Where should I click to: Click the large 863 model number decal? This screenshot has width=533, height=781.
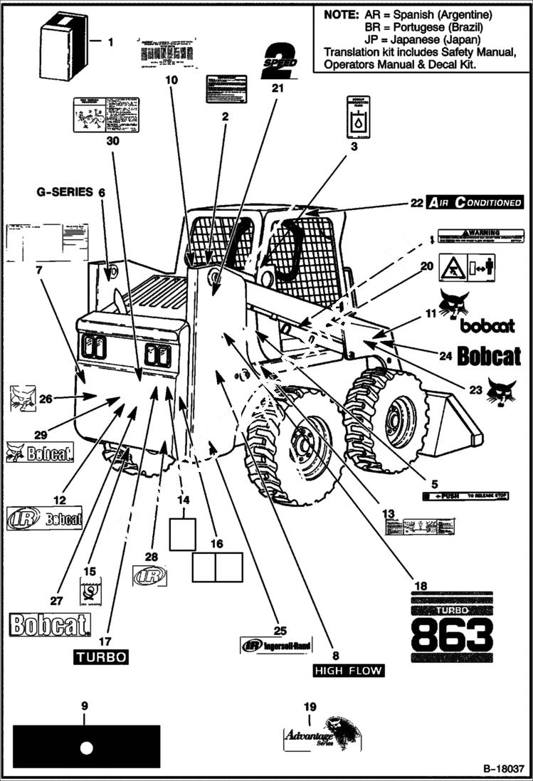[x=452, y=634]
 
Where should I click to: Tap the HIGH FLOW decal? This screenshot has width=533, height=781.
[x=349, y=671]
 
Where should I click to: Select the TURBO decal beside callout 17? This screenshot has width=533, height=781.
[x=102, y=656]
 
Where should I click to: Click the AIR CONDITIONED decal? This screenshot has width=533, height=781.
[x=475, y=202]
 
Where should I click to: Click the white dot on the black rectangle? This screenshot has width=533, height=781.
[x=87, y=748]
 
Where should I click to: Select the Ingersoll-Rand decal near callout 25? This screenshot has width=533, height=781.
[x=275, y=646]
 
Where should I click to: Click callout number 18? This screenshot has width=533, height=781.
[x=421, y=585]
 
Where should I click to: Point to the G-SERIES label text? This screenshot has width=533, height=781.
[x=65, y=192]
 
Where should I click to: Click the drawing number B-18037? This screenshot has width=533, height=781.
[x=503, y=770]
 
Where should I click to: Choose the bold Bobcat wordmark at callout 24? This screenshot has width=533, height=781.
[x=489, y=356]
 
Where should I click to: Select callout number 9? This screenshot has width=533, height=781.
[x=85, y=706]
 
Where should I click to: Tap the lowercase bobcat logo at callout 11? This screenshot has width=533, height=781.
[x=487, y=326]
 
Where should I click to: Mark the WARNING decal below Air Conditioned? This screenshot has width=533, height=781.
[x=480, y=235]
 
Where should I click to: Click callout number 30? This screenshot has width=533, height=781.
[x=112, y=140]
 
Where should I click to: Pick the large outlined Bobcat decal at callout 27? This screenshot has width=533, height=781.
[x=50, y=626]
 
